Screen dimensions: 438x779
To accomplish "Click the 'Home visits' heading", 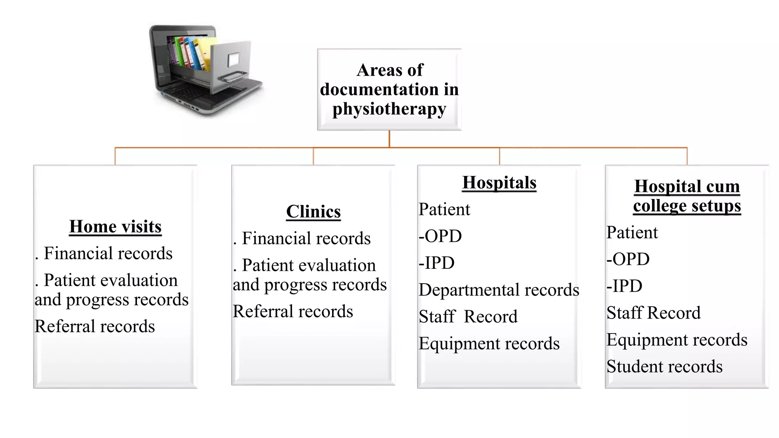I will tap(115, 227).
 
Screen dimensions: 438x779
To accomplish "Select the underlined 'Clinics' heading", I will tap(313, 212).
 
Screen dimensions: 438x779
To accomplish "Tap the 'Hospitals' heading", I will tap(499, 182).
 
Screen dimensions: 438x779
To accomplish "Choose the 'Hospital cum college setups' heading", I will tap(687, 196).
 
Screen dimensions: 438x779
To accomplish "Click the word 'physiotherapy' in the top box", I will tap(389, 109).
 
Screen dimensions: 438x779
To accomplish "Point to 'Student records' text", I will tap(665, 367).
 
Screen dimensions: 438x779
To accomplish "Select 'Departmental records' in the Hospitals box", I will tap(499, 290).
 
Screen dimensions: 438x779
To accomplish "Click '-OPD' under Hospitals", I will tap(440, 236).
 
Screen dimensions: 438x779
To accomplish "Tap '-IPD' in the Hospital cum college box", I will tap(625, 286).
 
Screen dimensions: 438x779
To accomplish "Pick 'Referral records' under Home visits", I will tap(95, 326).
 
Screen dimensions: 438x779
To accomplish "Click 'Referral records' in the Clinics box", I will tap(293, 311).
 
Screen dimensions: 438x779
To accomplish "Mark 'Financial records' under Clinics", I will tap(306, 238).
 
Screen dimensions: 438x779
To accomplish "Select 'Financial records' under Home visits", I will tap(108, 253).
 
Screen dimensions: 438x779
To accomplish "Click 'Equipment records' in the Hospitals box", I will tap(489, 343).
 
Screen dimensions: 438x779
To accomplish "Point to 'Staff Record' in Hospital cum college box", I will tap(653, 313).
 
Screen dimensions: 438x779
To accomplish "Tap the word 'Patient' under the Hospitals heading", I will tap(444, 209).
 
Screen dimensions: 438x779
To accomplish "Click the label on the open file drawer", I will tap(233, 59).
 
